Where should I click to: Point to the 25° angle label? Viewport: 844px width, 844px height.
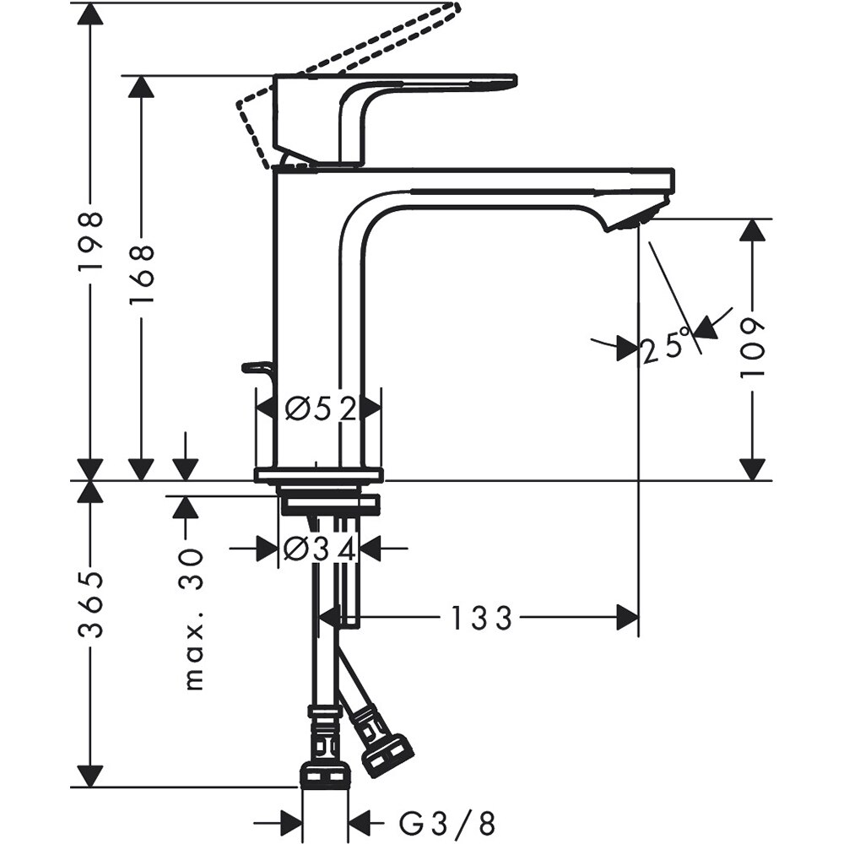pos(666,347)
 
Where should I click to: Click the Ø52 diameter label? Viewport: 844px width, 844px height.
pos(318,409)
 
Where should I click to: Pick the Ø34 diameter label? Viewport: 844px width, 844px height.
pos(320,550)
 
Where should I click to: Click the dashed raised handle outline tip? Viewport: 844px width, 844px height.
pos(452,11)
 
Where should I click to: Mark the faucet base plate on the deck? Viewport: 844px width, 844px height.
pos(318,474)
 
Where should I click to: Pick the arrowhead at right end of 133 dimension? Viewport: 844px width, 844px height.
pos(627,618)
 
